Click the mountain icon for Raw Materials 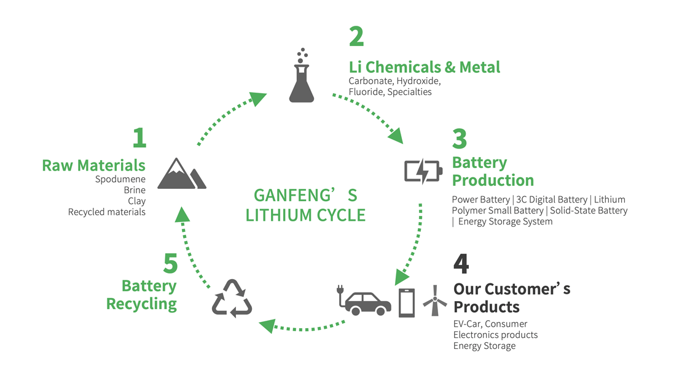coord(181,174)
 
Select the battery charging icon coord(422,170)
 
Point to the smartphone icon coord(407,302)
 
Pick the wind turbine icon coord(435,301)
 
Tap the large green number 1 coord(139,138)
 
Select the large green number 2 coord(356,37)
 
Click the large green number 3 coord(460,139)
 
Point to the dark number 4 coord(461,264)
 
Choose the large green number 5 coord(170,264)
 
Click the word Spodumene coord(120,180)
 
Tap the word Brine coord(135,190)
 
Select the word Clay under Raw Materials coord(136,201)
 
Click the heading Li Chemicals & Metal coord(424,66)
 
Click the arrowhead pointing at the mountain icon coord(180,213)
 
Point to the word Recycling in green coord(141,304)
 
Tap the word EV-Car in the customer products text coord(468,324)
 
